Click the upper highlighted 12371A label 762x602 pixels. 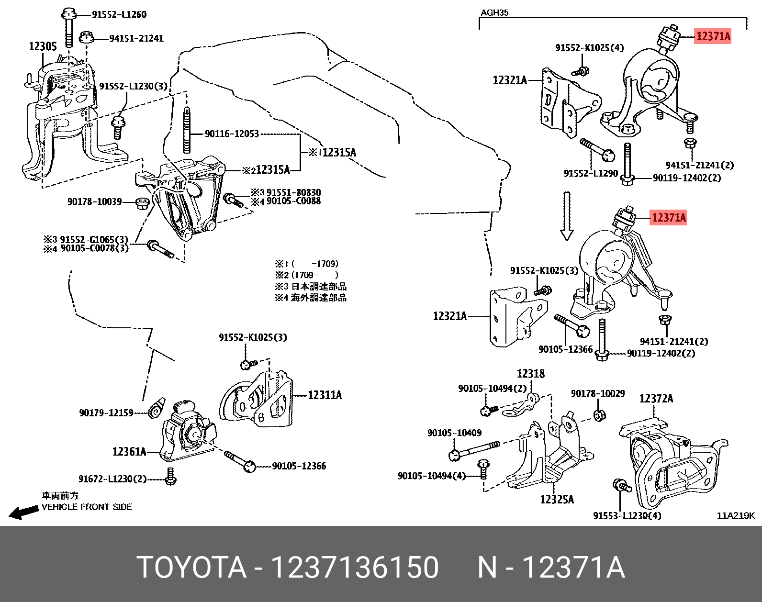713,36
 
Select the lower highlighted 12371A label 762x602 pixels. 669,218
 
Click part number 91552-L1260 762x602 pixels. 119,15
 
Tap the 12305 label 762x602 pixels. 43,46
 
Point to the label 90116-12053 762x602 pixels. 232,134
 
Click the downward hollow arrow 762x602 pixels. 567,216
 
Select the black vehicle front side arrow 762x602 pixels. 23,512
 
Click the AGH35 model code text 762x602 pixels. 494,12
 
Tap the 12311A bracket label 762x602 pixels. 325,395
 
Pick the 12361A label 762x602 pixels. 129,452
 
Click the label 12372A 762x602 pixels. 656,399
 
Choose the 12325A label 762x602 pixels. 557,500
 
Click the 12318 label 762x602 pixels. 530,374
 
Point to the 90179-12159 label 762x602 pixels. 106,412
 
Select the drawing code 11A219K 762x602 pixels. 735,515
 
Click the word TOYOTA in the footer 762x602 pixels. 191,568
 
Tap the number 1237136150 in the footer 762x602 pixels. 355,568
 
